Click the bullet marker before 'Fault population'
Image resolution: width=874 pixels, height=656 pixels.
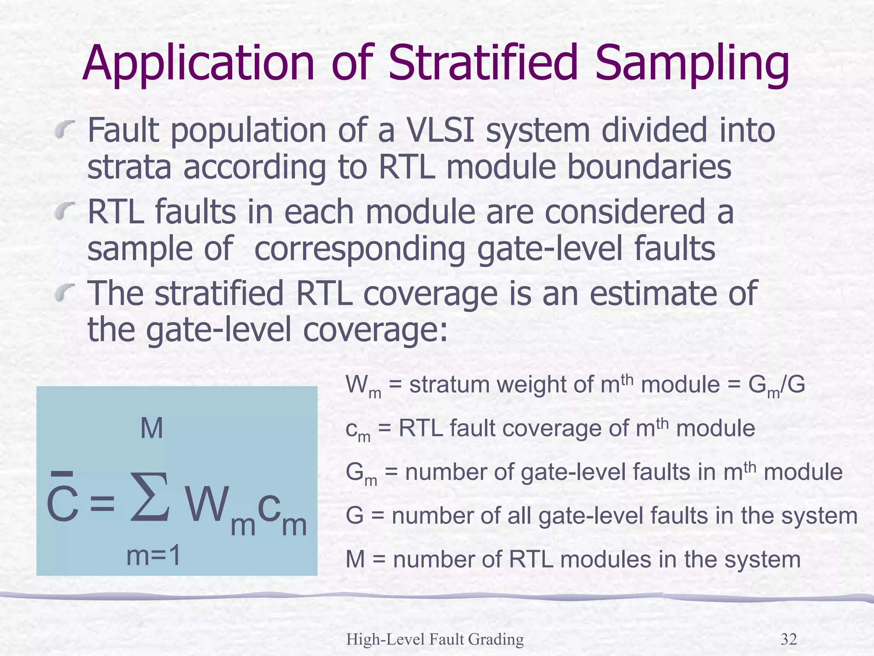[65, 129]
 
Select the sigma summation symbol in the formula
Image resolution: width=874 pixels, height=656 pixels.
[150, 498]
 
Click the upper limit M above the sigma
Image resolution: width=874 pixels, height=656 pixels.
[151, 428]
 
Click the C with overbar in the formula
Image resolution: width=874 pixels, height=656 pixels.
[62, 504]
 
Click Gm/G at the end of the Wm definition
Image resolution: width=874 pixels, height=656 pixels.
[776, 386]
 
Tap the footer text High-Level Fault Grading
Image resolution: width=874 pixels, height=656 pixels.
[435, 639]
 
